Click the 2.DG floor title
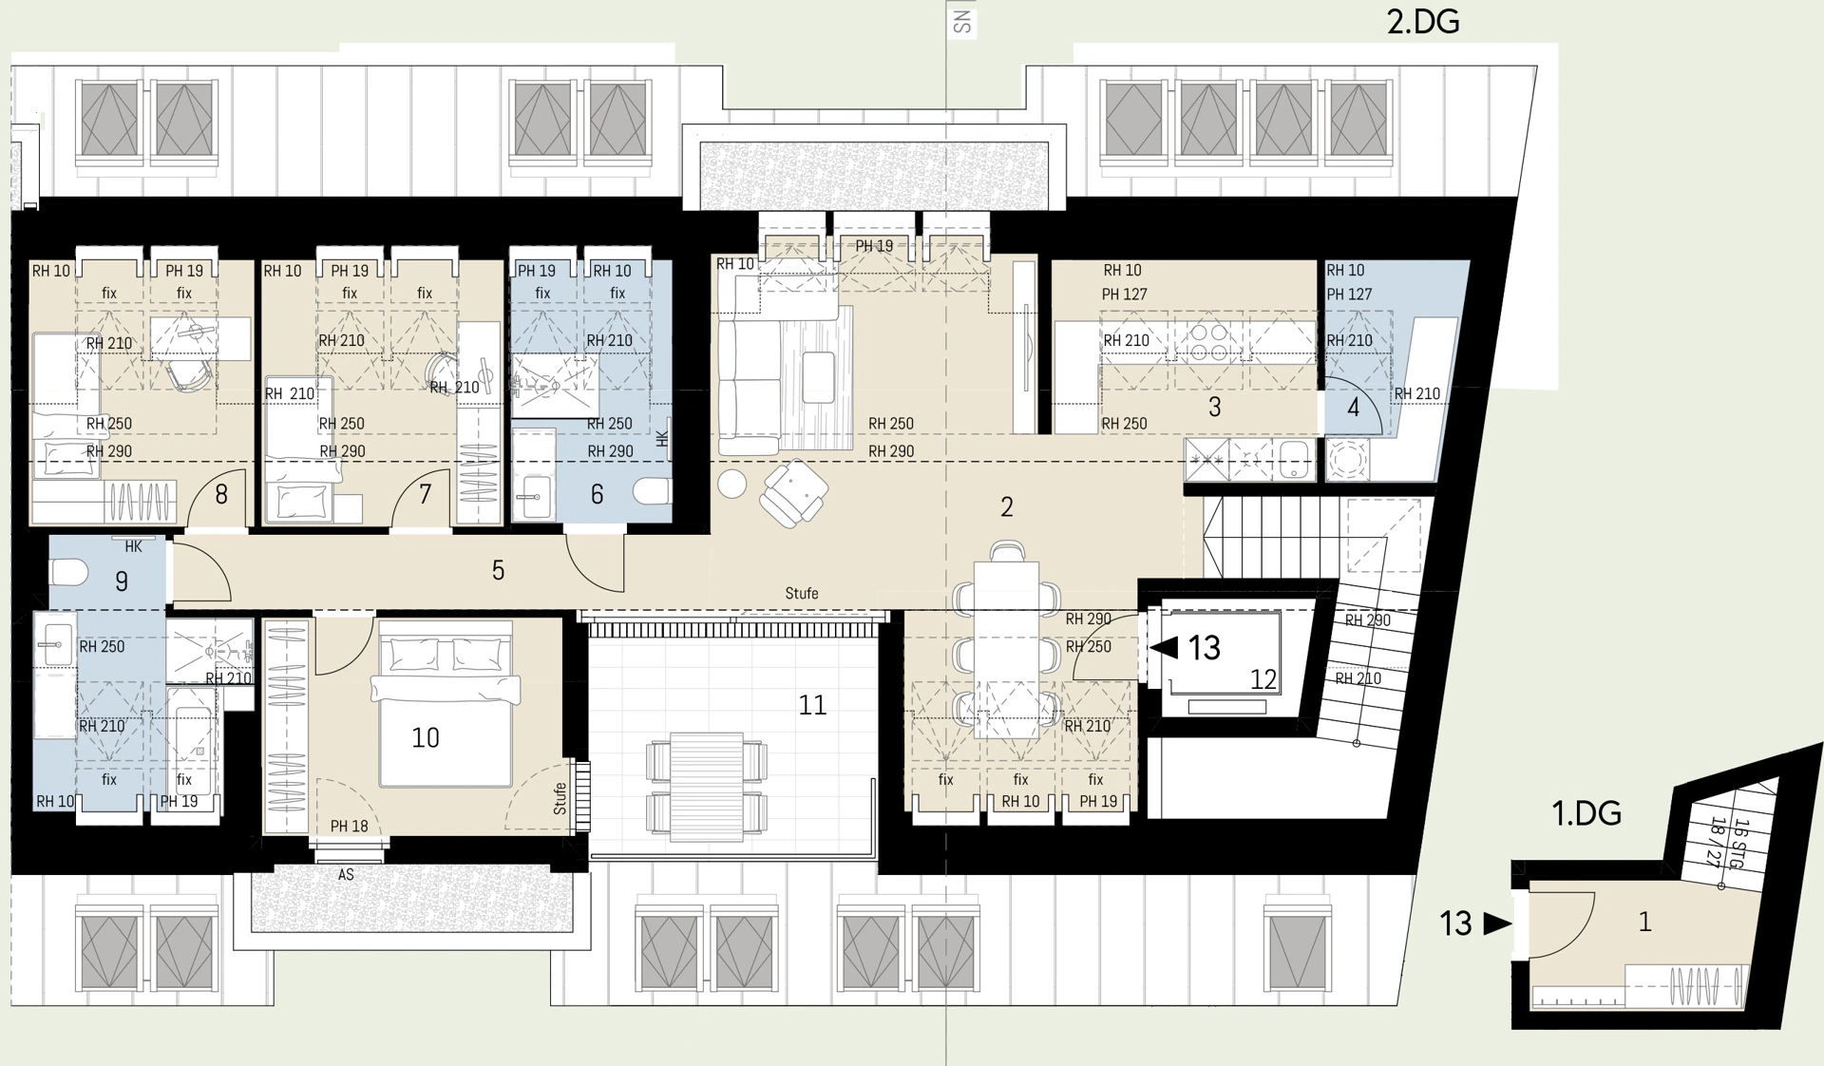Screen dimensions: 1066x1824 pyautogui.click(x=1422, y=22)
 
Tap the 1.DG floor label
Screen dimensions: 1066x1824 pyautogui.click(x=1586, y=813)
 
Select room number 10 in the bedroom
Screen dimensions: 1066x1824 pyautogui.click(x=426, y=738)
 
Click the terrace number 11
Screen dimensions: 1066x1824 pyautogui.click(x=812, y=705)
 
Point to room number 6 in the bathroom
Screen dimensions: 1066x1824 pyautogui.click(x=597, y=494)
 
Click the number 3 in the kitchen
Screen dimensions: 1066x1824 pyautogui.click(x=1214, y=408)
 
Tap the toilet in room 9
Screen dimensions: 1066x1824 pyautogui.click(x=69, y=572)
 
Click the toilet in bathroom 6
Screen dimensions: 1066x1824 pyautogui.click(x=653, y=491)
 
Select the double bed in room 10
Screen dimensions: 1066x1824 pyautogui.click(x=446, y=713)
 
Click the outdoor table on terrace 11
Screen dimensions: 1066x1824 pyautogui.click(x=706, y=786)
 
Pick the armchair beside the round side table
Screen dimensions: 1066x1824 pyautogui.click(x=795, y=492)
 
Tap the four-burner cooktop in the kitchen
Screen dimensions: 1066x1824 pyautogui.click(x=1208, y=343)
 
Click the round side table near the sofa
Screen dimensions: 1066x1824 pyautogui.click(x=731, y=484)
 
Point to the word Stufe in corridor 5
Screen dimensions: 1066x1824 pyautogui.click(x=801, y=594)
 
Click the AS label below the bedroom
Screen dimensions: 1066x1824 pyautogui.click(x=346, y=875)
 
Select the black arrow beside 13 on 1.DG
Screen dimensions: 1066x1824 pyautogui.click(x=1497, y=923)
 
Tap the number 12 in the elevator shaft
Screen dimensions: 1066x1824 pyautogui.click(x=1263, y=679)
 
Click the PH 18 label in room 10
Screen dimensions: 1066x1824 pyautogui.click(x=349, y=827)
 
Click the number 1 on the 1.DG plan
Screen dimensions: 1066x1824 pyautogui.click(x=1644, y=922)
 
